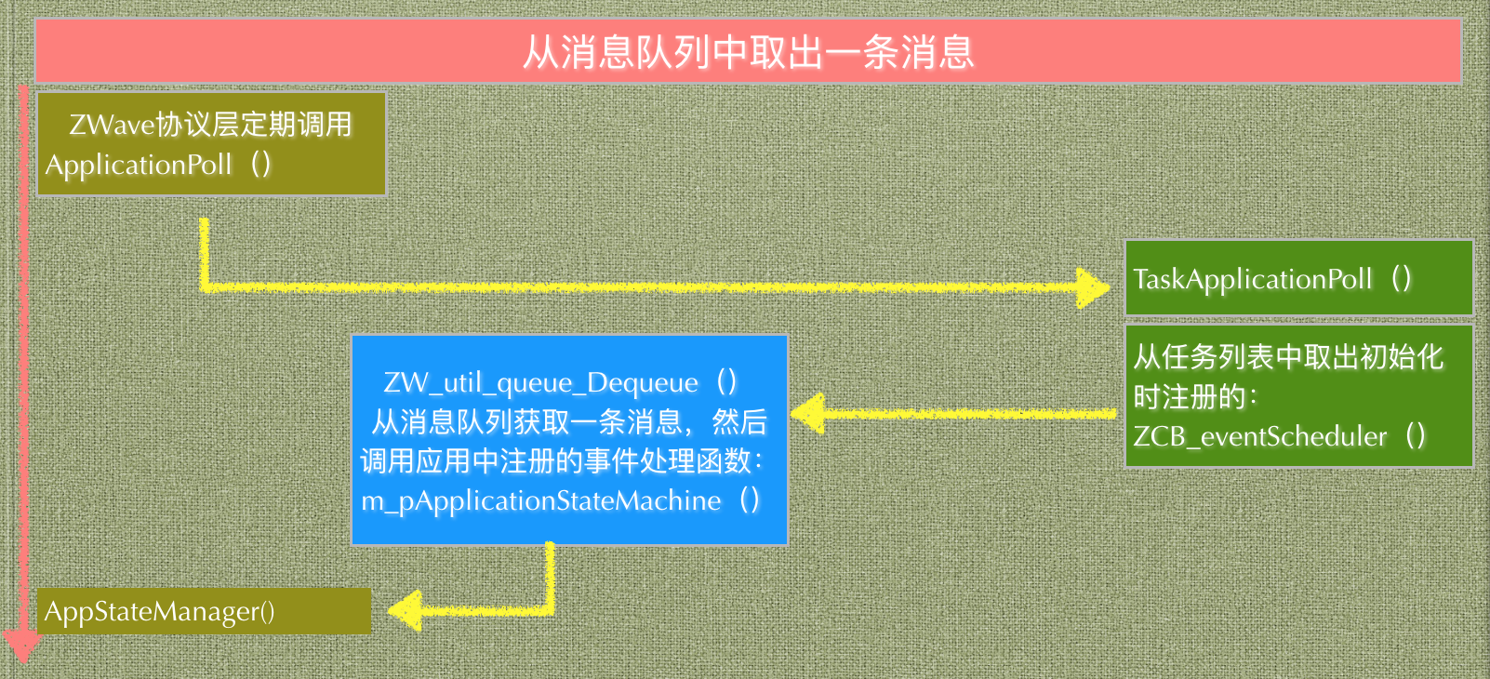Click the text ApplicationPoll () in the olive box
(x=158, y=165)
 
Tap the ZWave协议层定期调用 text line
(x=210, y=124)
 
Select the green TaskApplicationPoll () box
(x=1298, y=278)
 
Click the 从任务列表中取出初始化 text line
(x=1288, y=356)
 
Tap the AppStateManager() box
(x=204, y=611)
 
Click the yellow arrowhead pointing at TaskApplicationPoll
(x=1093, y=287)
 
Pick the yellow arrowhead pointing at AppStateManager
(x=406, y=610)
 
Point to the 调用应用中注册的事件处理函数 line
(x=561, y=461)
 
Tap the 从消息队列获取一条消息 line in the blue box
(x=531, y=422)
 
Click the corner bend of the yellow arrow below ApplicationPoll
(x=205, y=285)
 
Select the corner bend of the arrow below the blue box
(x=550, y=609)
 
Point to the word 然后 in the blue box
(x=739, y=422)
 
